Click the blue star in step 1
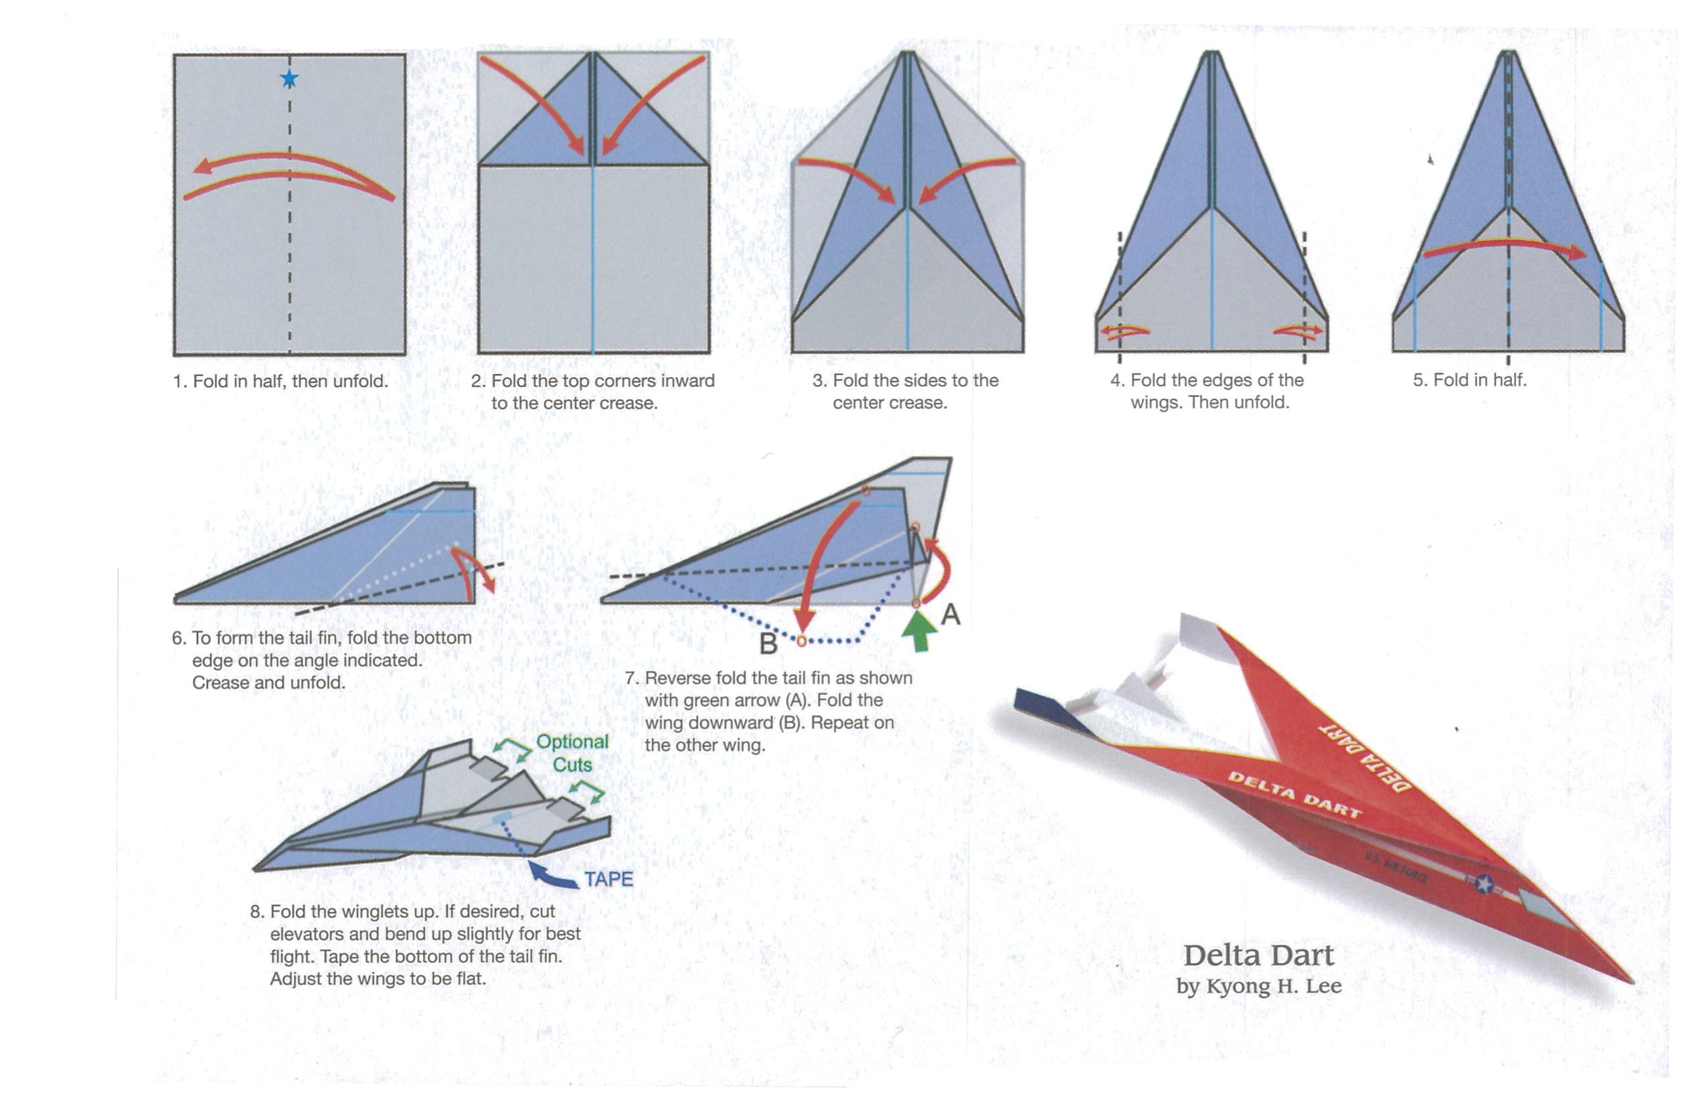(288, 79)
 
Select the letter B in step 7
(769, 643)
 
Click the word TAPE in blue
(608, 879)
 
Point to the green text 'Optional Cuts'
(572, 752)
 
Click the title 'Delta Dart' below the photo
(1258, 955)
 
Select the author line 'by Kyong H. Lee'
(1258, 987)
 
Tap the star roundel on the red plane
(1484, 884)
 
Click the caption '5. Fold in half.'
(1470, 380)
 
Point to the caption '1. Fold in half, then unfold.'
(281, 381)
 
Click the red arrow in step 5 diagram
(1503, 247)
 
